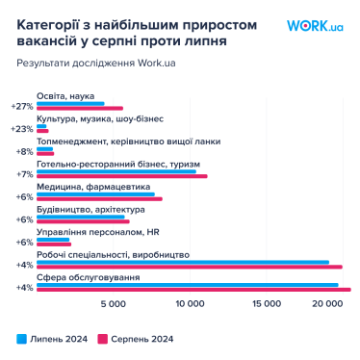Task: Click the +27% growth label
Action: [x=20, y=106]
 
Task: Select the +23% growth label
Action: [x=20, y=128]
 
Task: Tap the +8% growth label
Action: [x=22, y=151]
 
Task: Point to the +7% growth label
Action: [x=22, y=174]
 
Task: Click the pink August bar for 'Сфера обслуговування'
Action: [x=193, y=290]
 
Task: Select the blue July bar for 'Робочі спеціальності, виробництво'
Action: [x=182, y=262]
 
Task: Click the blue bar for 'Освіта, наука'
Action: [x=70, y=103]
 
